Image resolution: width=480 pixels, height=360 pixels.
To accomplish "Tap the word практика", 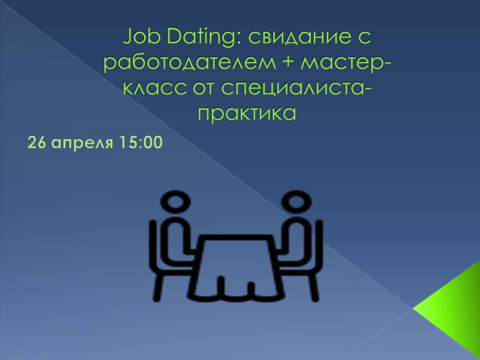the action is [246, 114].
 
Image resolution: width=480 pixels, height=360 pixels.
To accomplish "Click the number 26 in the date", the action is [36, 142].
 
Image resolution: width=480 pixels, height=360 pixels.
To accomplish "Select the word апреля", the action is [81, 144].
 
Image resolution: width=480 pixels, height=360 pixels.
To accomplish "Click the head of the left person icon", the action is [175, 201].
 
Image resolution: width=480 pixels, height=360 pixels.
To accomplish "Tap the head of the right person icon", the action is [296, 201].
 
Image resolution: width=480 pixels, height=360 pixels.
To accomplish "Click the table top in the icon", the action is [236, 237].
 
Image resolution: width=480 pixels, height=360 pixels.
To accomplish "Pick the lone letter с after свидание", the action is [364, 39].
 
